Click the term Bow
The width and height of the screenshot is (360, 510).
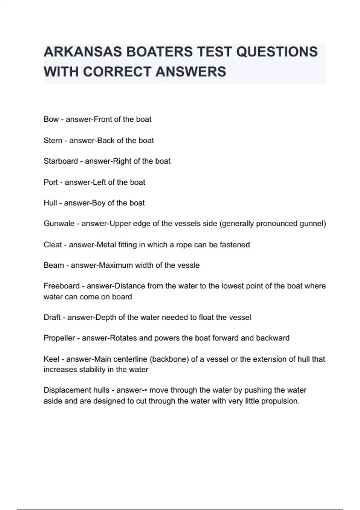click(x=51, y=119)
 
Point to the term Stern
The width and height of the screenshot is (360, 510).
click(x=53, y=140)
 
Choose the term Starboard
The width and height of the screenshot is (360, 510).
click(x=61, y=161)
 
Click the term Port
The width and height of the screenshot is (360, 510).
click(x=51, y=182)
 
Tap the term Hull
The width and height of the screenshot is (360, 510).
click(x=50, y=203)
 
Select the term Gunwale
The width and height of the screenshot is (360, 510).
click(x=59, y=224)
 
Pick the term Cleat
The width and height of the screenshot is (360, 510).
click(x=53, y=245)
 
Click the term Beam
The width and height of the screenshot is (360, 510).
click(x=54, y=265)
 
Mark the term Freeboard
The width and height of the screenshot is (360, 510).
click(x=61, y=286)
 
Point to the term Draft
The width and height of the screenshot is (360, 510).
click(x=52, y=317)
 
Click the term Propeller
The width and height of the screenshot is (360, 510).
click(x=59, y=338)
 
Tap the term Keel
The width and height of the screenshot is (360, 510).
click(x=51, y=359)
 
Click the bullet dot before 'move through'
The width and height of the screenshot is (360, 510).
click(x=146, y=390)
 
